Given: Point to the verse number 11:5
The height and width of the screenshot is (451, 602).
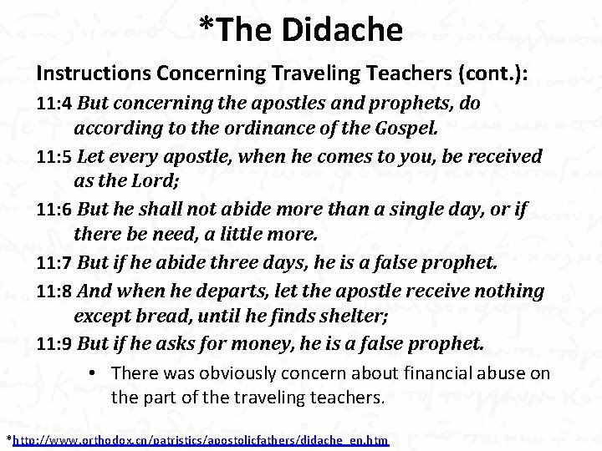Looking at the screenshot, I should click(x=54, y=157).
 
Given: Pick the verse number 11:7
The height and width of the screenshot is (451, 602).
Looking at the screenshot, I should click(x=54, y=265).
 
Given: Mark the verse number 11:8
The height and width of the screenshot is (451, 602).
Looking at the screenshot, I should click(x=54, y=292).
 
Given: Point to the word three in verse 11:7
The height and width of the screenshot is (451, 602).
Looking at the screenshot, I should click(x=219, y=265).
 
